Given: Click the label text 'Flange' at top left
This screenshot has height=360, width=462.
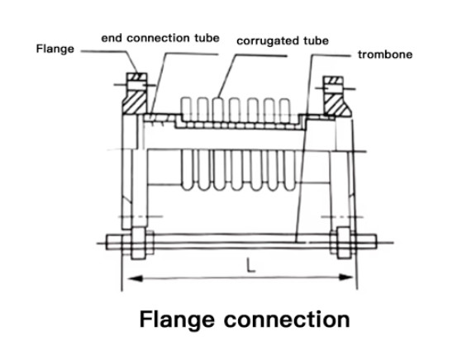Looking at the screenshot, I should (x=55, y=49).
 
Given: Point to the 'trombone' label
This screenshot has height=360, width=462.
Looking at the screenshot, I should (x=384, y=55).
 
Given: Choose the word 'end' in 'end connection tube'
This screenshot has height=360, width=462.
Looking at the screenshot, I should (x=112, y=38).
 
